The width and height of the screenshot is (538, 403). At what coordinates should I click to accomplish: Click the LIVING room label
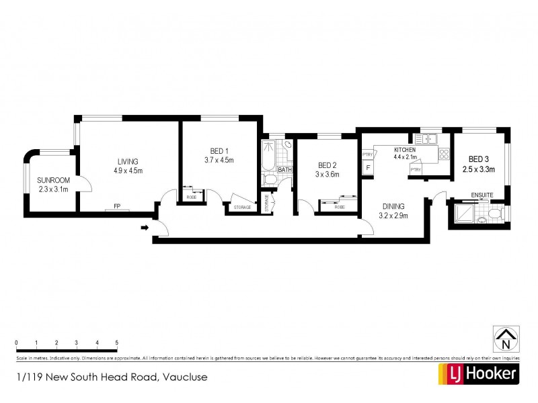128,161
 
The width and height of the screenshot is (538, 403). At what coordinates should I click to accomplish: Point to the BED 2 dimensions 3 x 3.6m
325,175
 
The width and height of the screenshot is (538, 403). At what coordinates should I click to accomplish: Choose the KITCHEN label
405,148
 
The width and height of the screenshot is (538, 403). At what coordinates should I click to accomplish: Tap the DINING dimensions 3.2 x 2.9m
393,216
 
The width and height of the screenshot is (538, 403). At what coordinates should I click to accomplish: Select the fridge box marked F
368,167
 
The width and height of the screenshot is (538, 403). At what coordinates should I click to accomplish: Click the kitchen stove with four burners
444,153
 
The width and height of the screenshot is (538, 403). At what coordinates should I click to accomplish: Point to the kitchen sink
426,140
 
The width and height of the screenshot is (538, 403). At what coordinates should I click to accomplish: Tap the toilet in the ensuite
495,213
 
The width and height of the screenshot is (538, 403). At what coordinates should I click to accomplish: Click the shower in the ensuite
464,214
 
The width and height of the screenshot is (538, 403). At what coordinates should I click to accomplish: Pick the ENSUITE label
482,195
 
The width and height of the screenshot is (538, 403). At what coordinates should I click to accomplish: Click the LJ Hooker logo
477,374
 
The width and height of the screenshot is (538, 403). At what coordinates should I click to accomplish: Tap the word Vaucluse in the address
183,377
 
